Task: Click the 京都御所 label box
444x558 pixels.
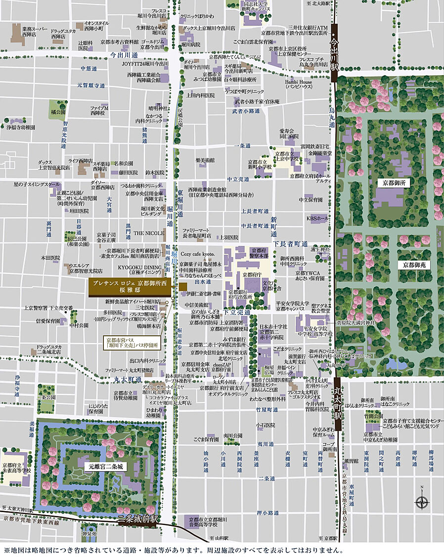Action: click(x=394, y=183)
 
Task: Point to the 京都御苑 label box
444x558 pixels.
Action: click(x=413, y=265)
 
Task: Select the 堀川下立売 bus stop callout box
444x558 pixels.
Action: click(x=132, y=342)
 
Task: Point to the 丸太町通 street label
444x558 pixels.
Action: click(x=124, y=379)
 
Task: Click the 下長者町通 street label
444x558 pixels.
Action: click(x=290, y=244)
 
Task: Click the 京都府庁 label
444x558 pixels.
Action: click(x=252, y=274)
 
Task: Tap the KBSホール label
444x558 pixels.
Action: click(x=317, y=218)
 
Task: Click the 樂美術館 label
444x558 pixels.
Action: click(x=204, y=160)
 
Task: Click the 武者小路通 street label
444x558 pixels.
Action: click(x=246, y=111)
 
